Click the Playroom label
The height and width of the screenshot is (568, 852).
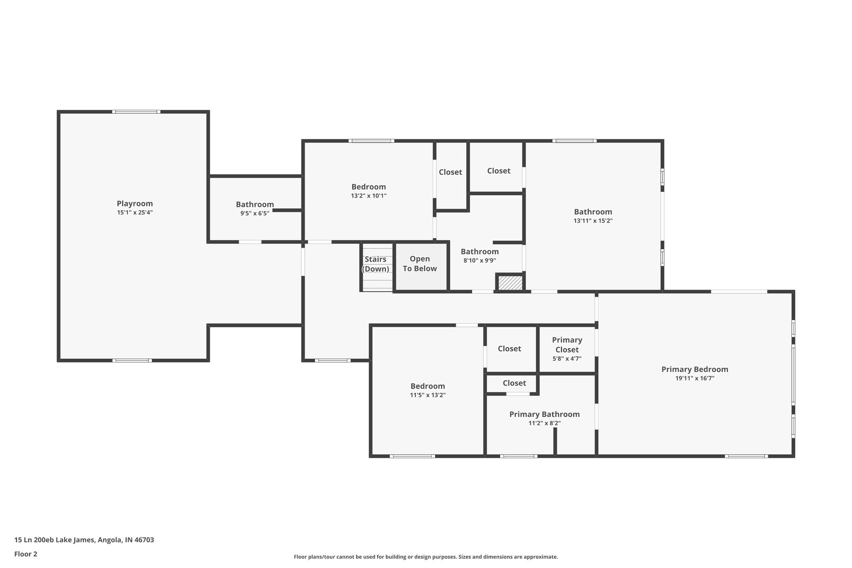click(x=134, y=203)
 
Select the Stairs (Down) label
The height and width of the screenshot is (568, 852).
click(x=375, y=264)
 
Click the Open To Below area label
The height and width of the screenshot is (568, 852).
click(x=420, y=264)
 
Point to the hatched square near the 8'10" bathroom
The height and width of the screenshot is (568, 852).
click(x=510, y=283)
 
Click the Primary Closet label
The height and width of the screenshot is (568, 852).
click(x=567, y=345)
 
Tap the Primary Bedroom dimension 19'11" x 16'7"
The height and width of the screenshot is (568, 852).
click(x=695, y=379)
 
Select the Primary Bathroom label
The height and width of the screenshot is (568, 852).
click(x=544, y=414)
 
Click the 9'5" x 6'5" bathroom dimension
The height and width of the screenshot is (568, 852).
click(x=255, y=213)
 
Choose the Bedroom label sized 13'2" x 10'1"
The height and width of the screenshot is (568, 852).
click(x=369, y=187)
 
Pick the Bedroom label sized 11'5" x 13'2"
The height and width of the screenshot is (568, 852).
click(x=427, y=386)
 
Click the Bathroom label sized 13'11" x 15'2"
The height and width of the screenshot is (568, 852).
click(x=593, y=212)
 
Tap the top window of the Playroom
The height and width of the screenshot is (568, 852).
click(x=136, y=112)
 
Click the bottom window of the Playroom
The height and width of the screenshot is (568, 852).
click(x=132, y=360)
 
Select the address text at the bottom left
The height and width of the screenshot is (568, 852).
click(x=84, y=540)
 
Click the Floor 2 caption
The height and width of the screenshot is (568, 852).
click(x=26, y=554)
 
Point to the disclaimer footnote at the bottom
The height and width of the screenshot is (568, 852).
click(x=426, y=557)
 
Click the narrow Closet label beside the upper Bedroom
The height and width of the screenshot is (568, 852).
click(x=450, y=172)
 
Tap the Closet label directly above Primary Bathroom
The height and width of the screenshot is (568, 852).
click(x=514, y=383)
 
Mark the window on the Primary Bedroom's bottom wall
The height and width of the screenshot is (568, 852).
click(x=746, y=456)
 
